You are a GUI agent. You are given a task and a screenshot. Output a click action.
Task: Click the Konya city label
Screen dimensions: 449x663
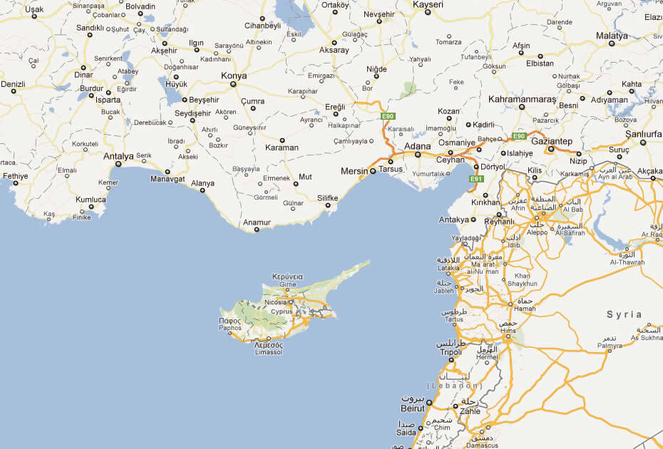tap(234, 76)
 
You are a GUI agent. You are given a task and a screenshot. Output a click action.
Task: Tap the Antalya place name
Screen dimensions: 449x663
tap(118, 156)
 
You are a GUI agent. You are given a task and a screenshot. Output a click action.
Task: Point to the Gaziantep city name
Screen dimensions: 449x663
tap(552, 141)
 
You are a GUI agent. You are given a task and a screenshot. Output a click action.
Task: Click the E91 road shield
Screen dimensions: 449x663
tap(476, 179)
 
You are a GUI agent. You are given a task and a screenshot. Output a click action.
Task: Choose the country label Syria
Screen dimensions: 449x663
tap(624, 314)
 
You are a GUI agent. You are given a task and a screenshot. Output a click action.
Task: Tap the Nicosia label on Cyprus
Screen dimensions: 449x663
tap(275, 302)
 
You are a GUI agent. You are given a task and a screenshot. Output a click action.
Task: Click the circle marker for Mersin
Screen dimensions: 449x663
tap(372, 171)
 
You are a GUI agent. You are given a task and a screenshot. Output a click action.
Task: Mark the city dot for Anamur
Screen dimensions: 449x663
tap(257, 229)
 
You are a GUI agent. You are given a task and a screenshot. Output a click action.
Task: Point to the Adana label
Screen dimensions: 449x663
tap(417, 146)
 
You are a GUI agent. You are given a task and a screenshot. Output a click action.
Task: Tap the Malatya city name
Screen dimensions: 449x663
tap(612, 36)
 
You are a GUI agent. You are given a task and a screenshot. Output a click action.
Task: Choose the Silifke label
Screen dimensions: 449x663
tap(327, 197)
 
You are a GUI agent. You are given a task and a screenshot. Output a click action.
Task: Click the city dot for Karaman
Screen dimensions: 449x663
tap(282, 140)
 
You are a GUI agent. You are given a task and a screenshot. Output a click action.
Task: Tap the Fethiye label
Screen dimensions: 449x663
tap(15, 175)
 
